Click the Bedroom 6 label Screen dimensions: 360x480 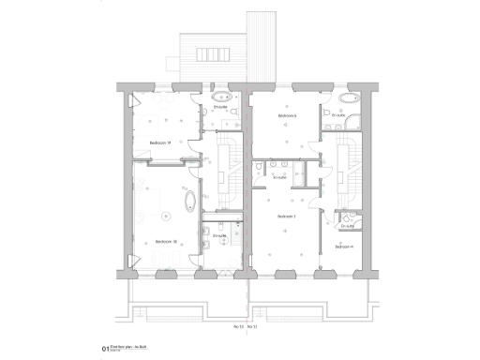pyautogui.click(x=287, y=117)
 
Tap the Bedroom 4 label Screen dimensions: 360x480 pyautogui.click(x=344, y=247)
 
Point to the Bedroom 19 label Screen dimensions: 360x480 pyautogui.click(x=158, y=142)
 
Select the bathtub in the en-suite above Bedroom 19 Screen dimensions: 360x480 pyautogui.click(x=224, y=97)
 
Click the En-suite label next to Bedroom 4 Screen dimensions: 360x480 pyautogui.click(x=347, y=226)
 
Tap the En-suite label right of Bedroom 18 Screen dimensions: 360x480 pyautogui.click(x=219, y=236)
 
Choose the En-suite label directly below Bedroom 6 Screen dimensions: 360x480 pyautogui.click(x=278, y=177)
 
